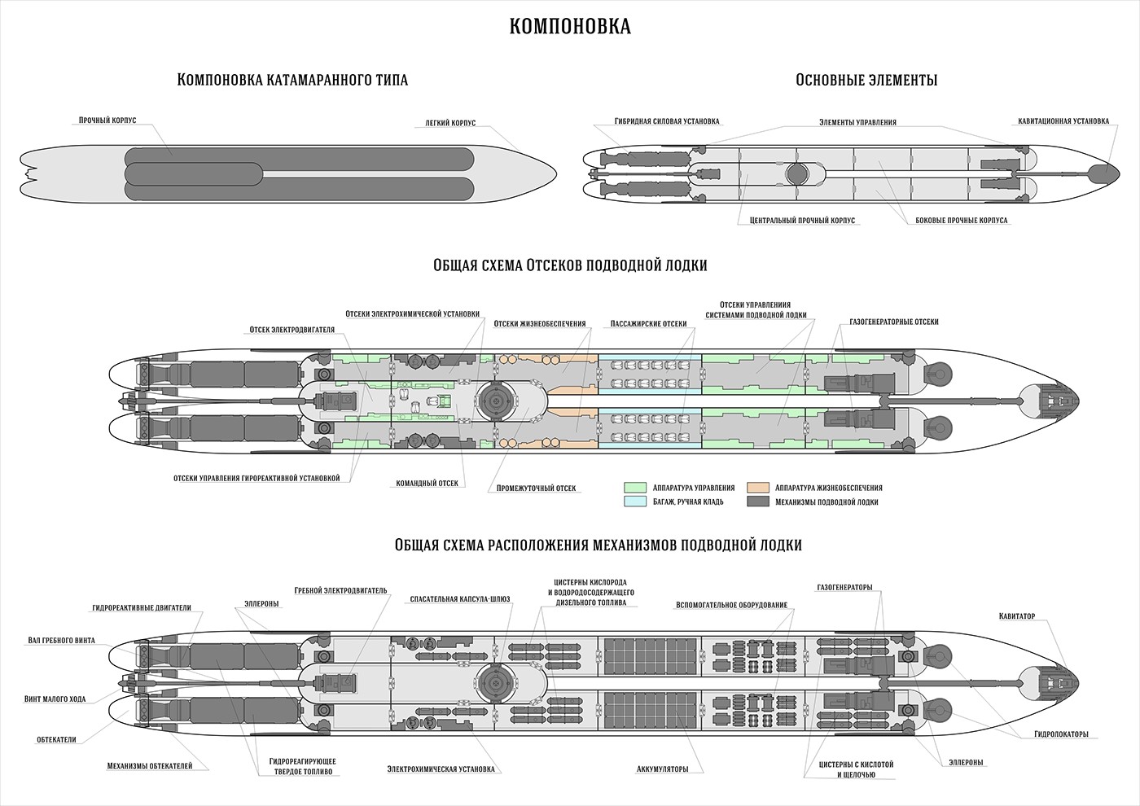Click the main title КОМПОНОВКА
coord(570,27)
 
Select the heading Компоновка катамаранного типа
coord(292,80)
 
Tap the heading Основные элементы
coord(866,80)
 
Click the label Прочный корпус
coord(107,120)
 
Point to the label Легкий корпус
coord(450,123)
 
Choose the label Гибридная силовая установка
coord(668,121)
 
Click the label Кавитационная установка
coord(1063,121)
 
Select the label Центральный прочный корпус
coord(796,221)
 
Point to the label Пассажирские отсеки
coord(648,323)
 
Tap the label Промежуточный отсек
coord(536,488)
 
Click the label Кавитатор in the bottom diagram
coord(1016,616)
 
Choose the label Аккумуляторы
coord(663,769)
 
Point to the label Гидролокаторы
coord(1061,734)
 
